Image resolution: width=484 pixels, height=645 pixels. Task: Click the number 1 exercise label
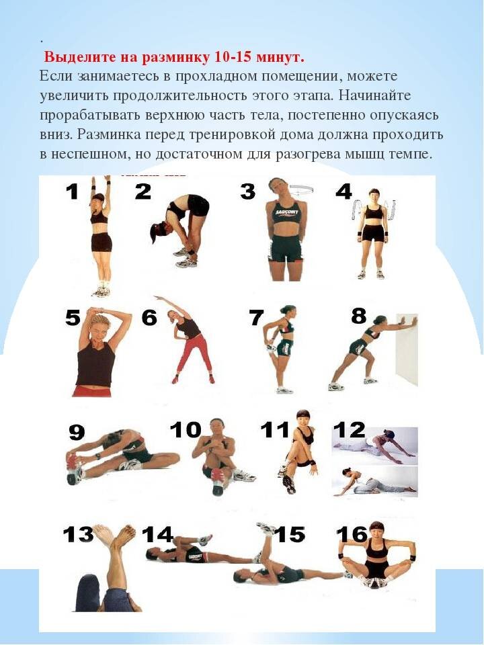click(x=73, y=191)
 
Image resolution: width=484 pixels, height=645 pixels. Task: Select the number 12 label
click(x=349, y=429)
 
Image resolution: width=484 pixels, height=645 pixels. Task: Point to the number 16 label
click(x=352, y=534)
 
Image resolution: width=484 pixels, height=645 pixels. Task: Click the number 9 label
click(x=77, y=432)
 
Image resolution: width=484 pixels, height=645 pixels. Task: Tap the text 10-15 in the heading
click(x=232, y=57)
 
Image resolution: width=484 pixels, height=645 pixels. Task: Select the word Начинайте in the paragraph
click(x=376, y=95)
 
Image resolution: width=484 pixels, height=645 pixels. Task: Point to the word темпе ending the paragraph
click(x=409, y=155)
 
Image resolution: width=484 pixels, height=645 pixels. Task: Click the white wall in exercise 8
click(x=407, y=349)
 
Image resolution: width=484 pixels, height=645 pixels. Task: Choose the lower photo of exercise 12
click(x=374, y=480)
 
